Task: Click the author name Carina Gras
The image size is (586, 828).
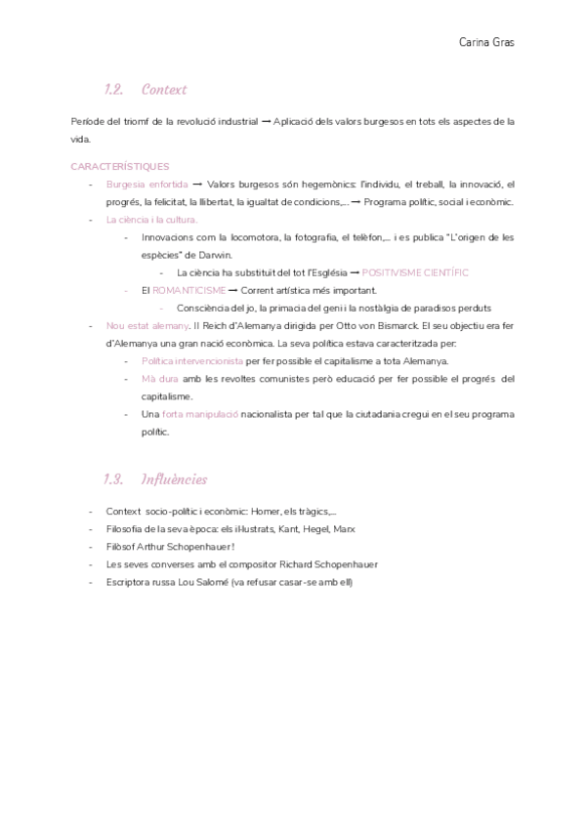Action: tap(486, 42)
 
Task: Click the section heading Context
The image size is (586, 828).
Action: tap(164, 90)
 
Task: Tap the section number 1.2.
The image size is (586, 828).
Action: tap(114, 90)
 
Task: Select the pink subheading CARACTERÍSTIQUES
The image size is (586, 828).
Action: tap(120, 167)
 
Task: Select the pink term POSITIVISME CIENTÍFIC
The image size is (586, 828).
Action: tap(415, 272)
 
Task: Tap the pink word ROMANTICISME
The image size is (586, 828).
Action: tap(189, 290)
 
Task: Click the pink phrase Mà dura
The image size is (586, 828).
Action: tap(160, 378)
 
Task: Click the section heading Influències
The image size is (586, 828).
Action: tap(175, 479)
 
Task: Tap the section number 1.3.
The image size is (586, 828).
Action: tap(114, 479)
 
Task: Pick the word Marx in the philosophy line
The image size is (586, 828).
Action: tap(344, 529)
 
